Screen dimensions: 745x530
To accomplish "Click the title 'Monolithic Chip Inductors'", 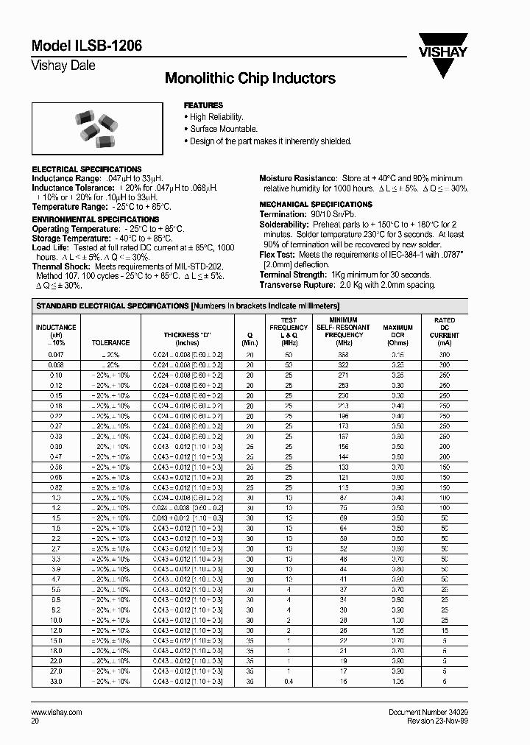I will point(250,78).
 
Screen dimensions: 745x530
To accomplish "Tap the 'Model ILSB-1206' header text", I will point(87,46).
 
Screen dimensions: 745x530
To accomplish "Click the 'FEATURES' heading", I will point(203,105).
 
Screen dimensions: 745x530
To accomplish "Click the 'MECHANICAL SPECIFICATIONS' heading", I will point(316,204).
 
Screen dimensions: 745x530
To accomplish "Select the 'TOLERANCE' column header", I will point(110,342).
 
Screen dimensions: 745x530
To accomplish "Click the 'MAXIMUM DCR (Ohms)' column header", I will point(397,334).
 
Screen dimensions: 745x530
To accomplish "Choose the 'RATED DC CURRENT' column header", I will point(445,331).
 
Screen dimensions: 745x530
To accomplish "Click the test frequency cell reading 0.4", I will point(289,682).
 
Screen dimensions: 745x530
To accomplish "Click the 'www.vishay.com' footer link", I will point(57,713).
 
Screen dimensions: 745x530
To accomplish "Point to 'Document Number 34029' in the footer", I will point(427,713).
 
